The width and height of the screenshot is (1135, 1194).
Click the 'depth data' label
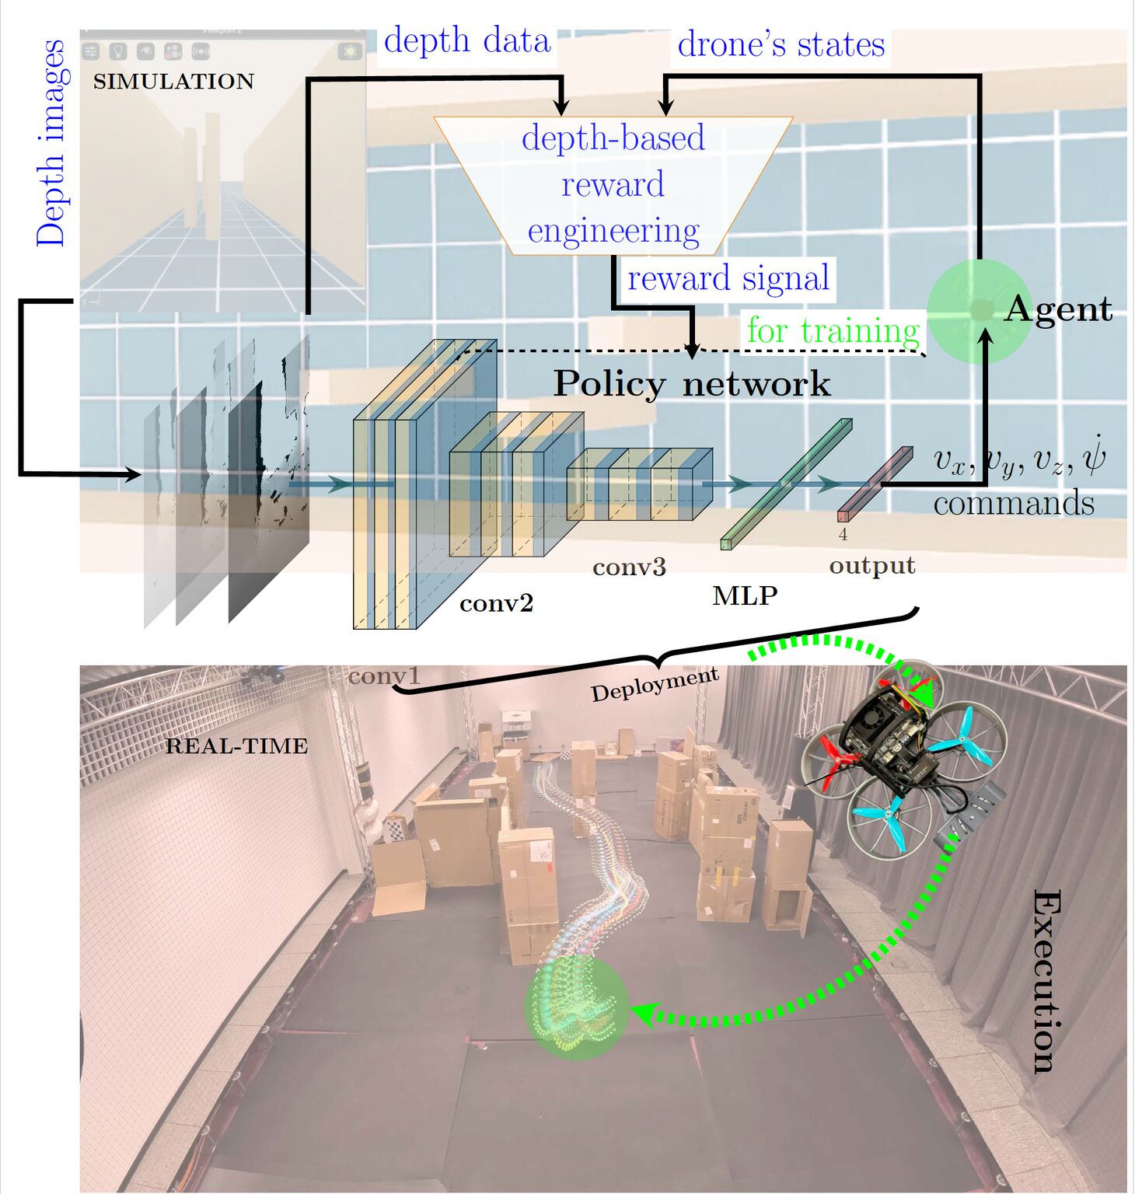467,40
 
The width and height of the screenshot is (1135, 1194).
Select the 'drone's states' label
781,44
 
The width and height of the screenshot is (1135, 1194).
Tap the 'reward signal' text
728,278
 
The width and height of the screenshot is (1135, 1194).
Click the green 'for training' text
833,331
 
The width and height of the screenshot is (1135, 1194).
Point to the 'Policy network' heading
692,384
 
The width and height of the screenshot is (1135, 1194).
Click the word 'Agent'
1058,309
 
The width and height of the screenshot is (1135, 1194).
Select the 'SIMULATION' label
173,82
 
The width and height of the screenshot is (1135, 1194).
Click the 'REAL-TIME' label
237,746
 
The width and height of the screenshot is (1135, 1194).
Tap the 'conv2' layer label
497,604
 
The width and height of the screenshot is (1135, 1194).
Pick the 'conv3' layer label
630,567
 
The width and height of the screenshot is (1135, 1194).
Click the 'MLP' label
745,595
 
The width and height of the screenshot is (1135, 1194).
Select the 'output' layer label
872,565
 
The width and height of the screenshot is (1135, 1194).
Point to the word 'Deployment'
655,685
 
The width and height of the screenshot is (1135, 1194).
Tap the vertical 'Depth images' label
51,143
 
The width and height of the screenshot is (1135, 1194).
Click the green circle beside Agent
980,311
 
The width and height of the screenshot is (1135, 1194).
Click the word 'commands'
1014,504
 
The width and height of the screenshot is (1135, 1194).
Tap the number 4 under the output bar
843,535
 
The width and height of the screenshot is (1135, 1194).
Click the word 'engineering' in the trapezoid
613,232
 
